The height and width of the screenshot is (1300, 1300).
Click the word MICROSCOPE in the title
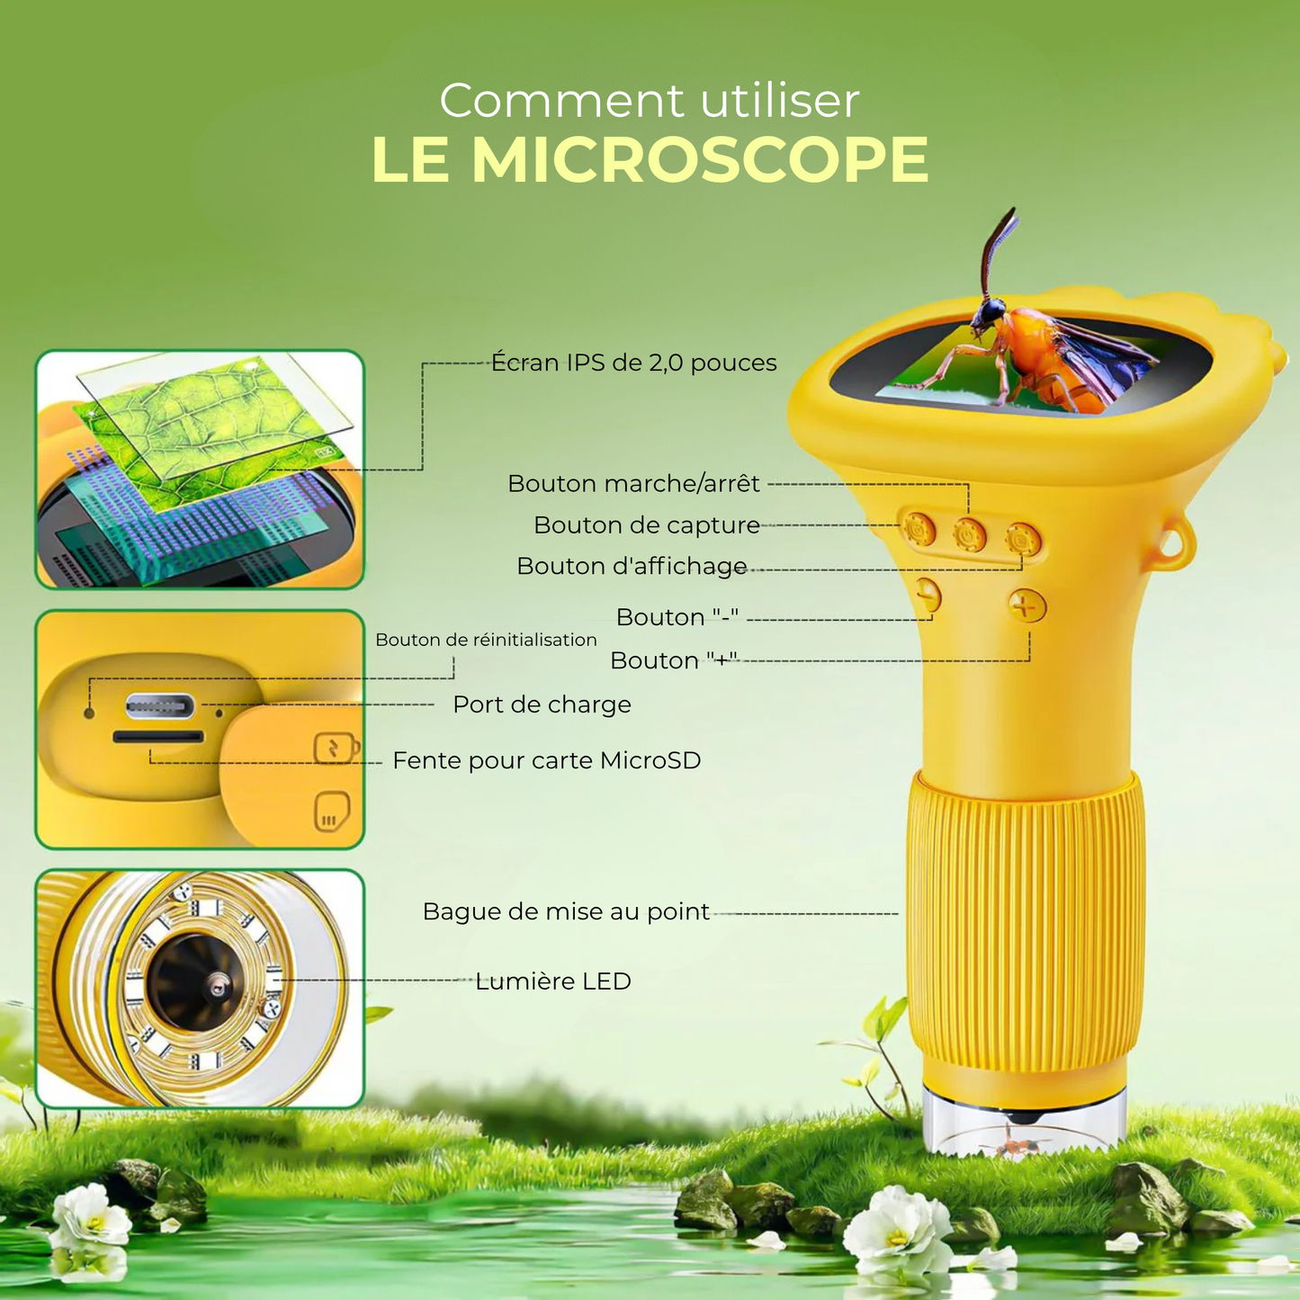(700, 160)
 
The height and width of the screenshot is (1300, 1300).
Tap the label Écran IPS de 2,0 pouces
(633, 363)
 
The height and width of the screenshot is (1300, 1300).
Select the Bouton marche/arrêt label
(633, 483)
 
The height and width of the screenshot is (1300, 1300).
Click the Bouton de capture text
(646, 524)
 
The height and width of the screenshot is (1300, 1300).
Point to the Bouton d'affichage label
(632, 565)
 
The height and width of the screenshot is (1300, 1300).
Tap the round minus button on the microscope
(929, 595)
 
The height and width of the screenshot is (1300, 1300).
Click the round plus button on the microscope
(1027, 605)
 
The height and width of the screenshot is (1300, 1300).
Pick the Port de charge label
(542, 704)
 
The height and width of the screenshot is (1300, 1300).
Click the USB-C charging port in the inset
(160, 706)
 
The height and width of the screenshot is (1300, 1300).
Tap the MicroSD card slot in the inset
(158, 737)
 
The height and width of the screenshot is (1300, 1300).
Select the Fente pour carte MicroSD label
(546, 760)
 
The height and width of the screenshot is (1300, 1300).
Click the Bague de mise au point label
(566, 911)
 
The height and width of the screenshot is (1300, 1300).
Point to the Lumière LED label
(553, 981)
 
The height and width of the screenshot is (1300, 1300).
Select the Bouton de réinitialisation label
(486, 640)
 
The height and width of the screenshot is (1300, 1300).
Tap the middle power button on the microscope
(970, 535)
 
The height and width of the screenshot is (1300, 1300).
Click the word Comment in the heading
(561, 101)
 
